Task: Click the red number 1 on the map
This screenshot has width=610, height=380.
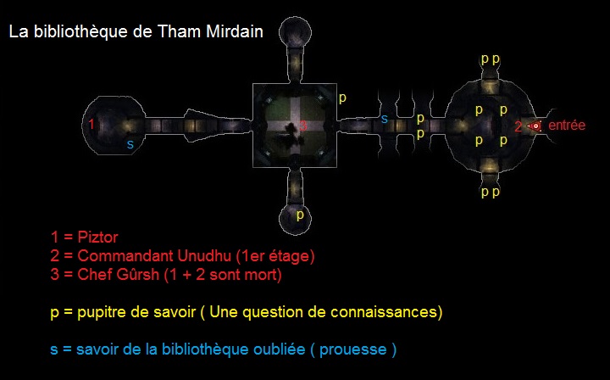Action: click(x=91, y=124)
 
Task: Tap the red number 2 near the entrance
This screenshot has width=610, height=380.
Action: click(x=518, y=126)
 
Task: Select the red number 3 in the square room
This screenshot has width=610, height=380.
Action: click(x=303, y=126)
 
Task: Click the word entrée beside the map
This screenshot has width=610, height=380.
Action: click(x=567, y=125)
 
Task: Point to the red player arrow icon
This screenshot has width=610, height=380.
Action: click(x=535, y=126)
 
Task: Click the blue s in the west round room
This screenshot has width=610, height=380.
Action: click(x=130, y=144)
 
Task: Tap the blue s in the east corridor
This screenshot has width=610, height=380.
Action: click(x=385, y=119)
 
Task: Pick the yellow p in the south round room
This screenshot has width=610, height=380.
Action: click(x=300, y=215)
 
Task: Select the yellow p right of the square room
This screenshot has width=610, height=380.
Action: click(x=342, y=98)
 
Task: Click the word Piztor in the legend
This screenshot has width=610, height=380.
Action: click(x=97, y=237)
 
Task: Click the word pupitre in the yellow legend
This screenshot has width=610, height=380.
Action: click(x=101, y=312)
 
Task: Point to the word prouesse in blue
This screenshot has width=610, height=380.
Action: click(x=352, y=349)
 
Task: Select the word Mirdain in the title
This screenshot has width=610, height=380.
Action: click(x=235, y=31)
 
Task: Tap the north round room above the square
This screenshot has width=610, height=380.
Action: click(x=296, y=32)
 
